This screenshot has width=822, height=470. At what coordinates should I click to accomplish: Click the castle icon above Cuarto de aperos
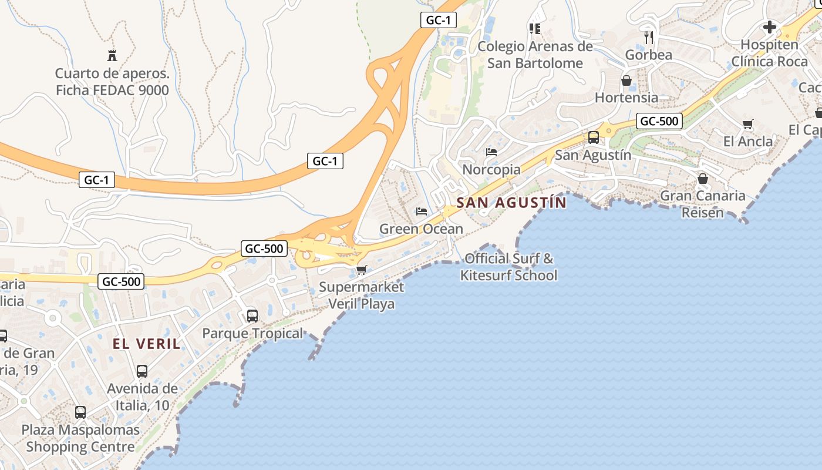pos(112,56)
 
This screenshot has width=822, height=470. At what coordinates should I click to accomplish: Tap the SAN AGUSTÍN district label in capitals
pos(511,203)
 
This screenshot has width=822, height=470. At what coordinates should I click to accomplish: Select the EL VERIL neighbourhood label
pos(147,344)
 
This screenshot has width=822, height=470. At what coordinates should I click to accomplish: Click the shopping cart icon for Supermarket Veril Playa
pos(361,270)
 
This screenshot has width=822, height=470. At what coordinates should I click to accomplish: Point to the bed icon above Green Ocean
pos(422,211)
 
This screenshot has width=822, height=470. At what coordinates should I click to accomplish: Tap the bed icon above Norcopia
pos(491,152)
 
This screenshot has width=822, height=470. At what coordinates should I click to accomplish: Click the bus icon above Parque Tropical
pos(252,316)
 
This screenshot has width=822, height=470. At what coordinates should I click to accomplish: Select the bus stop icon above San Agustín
pos(594,137)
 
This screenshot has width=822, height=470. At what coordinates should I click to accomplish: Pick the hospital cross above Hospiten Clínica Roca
pos(769,27)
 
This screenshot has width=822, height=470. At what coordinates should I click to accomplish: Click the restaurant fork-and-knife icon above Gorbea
pos(649,38)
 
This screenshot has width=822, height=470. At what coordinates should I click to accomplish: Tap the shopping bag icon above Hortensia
pos(626,80)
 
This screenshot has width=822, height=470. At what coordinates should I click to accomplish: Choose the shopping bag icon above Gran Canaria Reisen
pos(702,179)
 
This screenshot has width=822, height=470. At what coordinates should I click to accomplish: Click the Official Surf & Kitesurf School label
pos(508,267)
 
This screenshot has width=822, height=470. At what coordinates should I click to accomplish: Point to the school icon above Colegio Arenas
pos(534,28)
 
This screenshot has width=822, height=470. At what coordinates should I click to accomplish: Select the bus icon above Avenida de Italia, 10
pos(142,371)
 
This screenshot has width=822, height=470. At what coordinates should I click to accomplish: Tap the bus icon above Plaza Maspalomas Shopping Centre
pos(80,412)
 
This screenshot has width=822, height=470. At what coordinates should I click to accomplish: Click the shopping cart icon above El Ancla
pos(748,125)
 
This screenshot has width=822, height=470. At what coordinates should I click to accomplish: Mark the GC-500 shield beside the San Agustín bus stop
pos(659,122)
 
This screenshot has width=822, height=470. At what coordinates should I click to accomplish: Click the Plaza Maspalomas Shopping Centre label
pos(80,438)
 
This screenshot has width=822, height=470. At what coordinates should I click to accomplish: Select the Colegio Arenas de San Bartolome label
pos(535,55)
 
